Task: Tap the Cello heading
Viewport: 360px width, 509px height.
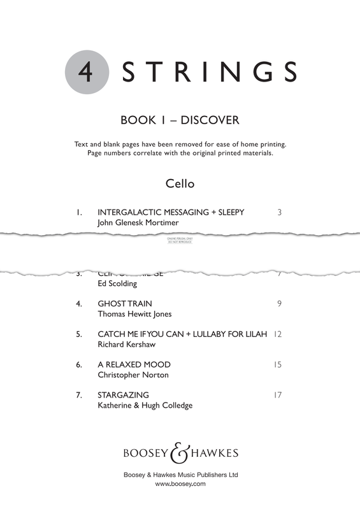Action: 180,184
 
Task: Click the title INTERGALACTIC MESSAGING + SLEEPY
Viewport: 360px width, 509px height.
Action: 171,212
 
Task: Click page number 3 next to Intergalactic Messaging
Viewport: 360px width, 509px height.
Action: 279,212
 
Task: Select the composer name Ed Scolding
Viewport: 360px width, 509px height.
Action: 117,283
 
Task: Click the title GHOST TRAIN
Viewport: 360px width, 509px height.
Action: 125,303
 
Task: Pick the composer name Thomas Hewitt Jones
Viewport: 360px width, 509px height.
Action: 134,315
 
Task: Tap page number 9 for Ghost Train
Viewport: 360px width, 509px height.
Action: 279,303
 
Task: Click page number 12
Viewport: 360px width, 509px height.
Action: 277,334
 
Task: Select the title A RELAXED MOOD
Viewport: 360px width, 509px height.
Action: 134,364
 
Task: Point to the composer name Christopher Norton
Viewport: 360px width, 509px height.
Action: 133,375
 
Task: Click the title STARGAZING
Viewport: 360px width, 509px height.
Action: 124,395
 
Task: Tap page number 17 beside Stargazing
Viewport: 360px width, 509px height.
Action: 277,395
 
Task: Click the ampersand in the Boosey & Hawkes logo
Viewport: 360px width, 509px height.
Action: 179,453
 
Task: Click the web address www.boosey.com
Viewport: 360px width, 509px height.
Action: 180,484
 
